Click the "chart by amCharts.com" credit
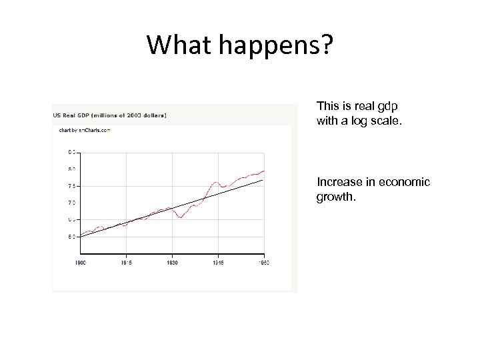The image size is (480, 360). point(85,131)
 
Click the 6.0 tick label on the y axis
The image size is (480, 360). point(71,237)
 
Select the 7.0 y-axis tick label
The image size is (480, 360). point(71,203)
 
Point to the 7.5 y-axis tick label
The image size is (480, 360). point(71,186)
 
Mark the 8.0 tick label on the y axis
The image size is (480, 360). point(71,169)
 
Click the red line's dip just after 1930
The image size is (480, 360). point(181,217)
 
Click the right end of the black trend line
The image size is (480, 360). point(263,180)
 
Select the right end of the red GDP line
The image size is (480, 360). point(265,171)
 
